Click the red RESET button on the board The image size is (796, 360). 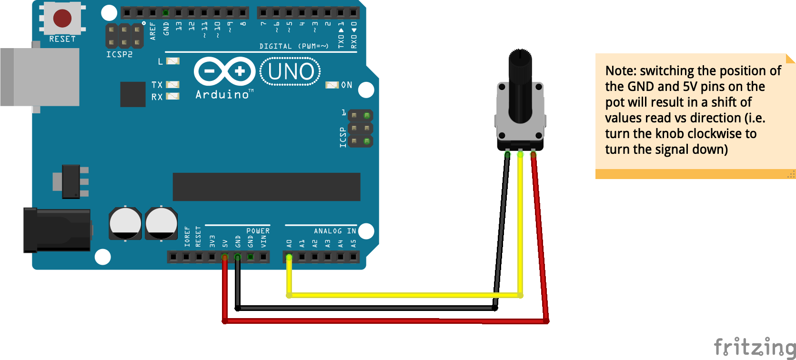62,19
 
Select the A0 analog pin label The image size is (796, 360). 289,243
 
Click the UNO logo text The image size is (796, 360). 291,72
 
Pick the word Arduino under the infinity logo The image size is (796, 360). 222,95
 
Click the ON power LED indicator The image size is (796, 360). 332,85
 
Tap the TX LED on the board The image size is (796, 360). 172,85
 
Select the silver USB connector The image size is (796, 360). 40,77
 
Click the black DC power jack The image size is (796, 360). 57,230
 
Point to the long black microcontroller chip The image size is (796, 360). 266,187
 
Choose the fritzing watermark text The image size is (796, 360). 754,347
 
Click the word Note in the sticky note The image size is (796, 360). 620,71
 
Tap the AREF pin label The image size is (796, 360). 153,30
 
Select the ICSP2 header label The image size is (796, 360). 119,54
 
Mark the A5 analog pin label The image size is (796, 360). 353,243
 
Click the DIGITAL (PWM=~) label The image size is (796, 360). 294,46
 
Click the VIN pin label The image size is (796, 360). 263,241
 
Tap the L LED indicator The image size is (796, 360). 172,61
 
